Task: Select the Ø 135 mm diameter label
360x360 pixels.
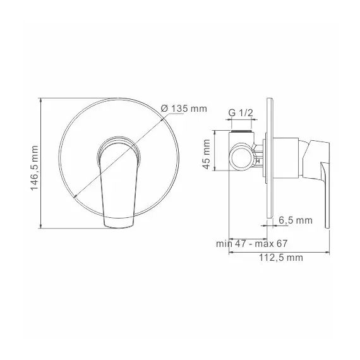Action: [184, 108]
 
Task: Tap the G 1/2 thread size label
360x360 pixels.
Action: [241, 112]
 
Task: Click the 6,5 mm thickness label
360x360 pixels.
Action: [296, 220]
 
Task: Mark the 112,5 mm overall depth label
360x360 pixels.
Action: [281, 257]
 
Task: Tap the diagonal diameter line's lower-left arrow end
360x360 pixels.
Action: [76, 198]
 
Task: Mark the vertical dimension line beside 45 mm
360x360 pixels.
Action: [215, 152]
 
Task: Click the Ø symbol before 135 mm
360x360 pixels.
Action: [164, 108]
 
